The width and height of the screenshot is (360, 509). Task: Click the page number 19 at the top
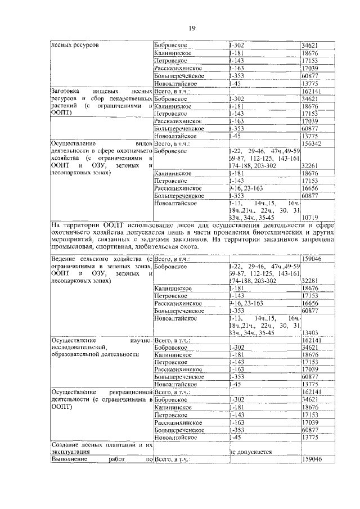coord(192,29)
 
